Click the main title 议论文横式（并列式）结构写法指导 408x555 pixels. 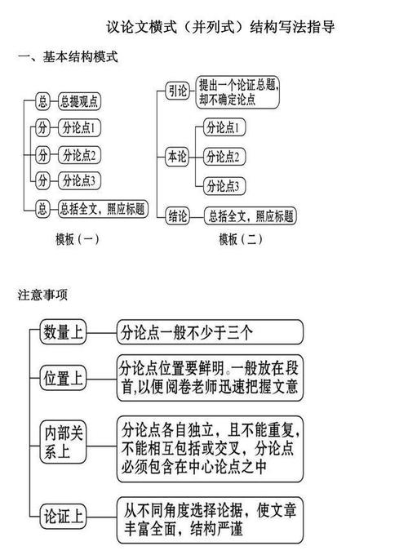coord(220,27)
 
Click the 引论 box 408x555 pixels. coord(178,90)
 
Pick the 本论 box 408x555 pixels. coord(177,155)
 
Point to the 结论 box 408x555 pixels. coord(178,216)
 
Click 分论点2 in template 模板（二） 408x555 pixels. coord(224,155)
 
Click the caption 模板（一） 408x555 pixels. coord(78,239)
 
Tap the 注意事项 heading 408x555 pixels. coord(42,295)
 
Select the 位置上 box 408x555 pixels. coord(63,377)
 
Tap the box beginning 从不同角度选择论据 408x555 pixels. coord(209,519)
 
